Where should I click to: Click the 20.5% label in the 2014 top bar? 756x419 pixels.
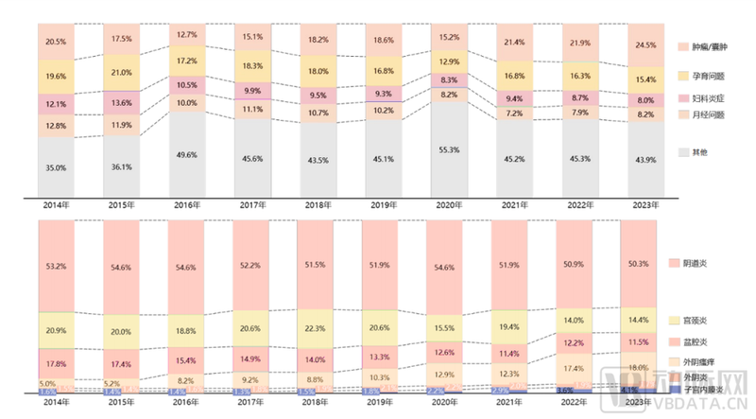[57, 42]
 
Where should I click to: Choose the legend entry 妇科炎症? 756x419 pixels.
[703, 98]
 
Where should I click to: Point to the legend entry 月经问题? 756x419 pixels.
[703, 114]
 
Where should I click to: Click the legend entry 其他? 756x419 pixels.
[697, 151]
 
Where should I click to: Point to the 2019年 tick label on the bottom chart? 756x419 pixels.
[380, 401]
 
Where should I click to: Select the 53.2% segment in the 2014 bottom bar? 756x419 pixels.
[57, 267]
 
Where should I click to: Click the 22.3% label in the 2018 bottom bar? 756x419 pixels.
[316, 328]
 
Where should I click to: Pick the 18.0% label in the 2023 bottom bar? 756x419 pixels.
[638, 367]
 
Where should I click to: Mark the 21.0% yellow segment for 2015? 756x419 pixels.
[121, 73]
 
